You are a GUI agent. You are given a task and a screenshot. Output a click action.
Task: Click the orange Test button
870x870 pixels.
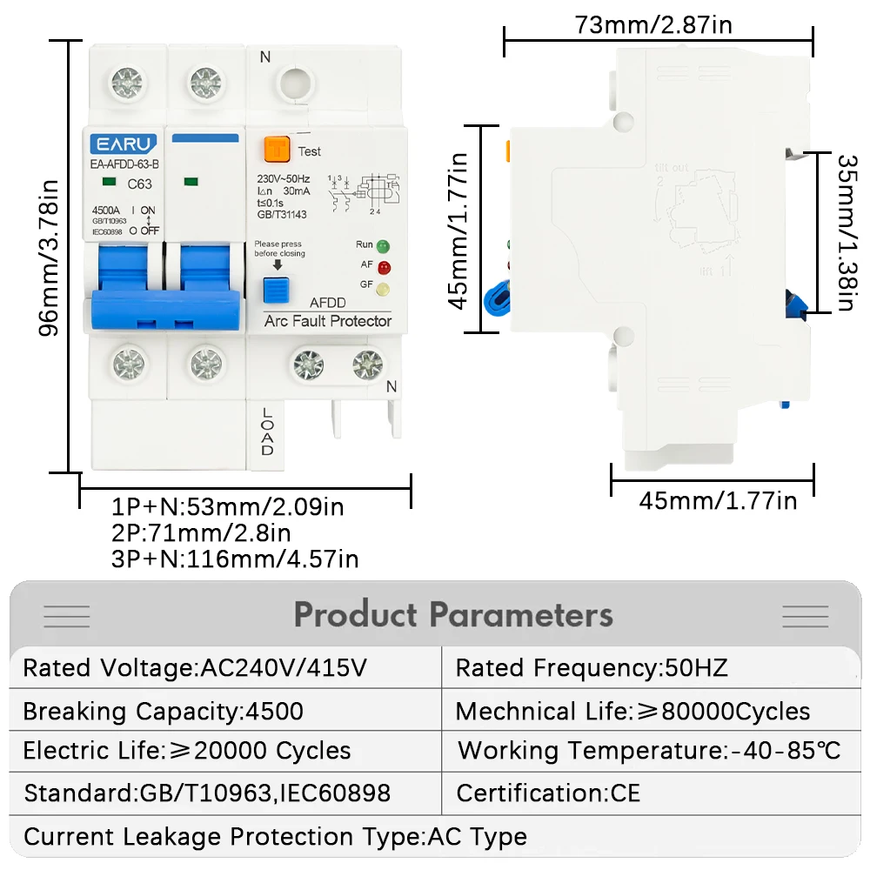[278, 150]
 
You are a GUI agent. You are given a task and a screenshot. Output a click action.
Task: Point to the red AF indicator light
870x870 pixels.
[383, 267]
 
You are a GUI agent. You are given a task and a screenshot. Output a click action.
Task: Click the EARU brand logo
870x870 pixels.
[123, 144]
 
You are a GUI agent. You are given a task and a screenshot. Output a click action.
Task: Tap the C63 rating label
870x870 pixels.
[139, 184]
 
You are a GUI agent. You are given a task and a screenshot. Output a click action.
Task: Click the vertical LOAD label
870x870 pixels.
[266, 432]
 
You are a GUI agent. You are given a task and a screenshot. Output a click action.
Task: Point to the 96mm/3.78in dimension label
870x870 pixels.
[51, 258]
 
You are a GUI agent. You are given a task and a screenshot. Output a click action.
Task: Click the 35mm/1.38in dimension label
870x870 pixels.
[845, 232]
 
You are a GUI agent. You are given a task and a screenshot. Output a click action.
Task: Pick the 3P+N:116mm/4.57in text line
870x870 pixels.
[235, 559]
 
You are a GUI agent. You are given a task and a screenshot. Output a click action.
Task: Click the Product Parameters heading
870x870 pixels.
[453, 615]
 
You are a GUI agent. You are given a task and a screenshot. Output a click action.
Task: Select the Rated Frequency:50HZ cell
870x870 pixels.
[592, 668]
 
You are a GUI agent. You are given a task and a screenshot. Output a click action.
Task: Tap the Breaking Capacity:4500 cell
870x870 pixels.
[164, 711]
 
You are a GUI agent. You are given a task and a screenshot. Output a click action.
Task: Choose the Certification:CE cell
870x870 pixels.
[548, 793]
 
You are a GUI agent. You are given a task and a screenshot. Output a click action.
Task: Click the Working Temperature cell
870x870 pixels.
[649, 750]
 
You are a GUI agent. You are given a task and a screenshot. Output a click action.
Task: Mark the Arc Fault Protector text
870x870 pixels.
[327, 321]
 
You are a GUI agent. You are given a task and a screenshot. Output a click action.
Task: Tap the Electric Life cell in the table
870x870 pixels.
[187, 751]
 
